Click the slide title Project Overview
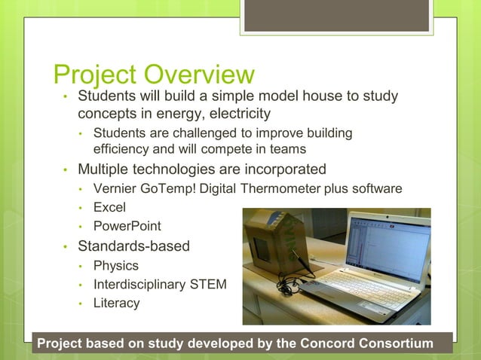pos(154,75)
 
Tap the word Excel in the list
pos(109,206)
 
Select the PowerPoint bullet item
pos(127,226)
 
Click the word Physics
pos(115,265)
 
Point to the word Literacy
pos(116,304)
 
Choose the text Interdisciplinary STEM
pos(159,285)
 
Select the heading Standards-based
pos(133,246)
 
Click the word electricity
pos(233,114)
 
